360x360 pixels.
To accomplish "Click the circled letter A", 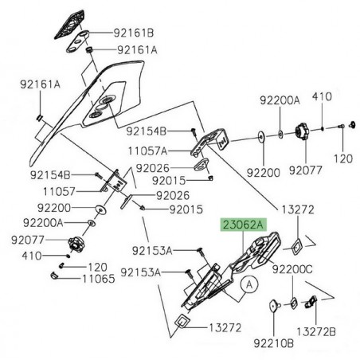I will (x=248, y=283).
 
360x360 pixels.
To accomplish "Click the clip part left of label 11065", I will (x=56, y=276).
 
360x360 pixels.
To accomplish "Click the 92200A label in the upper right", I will (x=279, y=100).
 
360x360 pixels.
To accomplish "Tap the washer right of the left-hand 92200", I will (x=103, y=210).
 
